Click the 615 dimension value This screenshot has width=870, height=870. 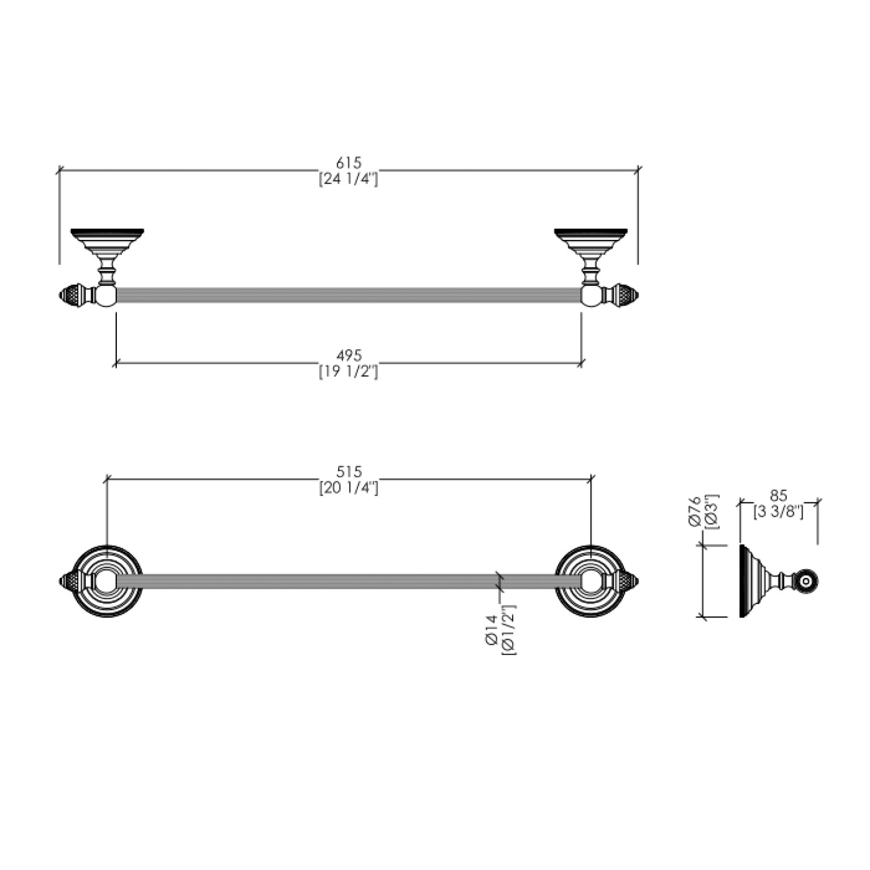pyautogui.click(x=349, y=163)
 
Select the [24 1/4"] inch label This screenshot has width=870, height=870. pyautogui.click(x=348, y=179)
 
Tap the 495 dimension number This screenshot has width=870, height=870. pyautogui.click(x=349, y=356)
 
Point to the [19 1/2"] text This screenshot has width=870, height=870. pyautogui.click(x=348, y=371)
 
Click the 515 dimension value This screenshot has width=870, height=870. pyautogui.click(x=349, y=472)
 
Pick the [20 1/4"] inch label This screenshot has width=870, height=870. pyautogui.click(x=348, y=488)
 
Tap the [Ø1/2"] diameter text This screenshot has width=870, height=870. pyautogui.click(x=509, y=629)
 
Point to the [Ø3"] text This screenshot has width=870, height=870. pyautogui.click(x=711, y=512)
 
